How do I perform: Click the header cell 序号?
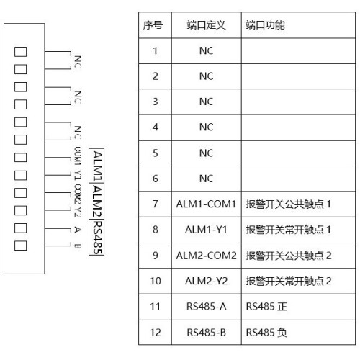pos(153,25)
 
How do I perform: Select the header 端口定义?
pos(207,25)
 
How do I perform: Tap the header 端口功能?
pos(265,25)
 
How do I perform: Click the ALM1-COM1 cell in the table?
pos(206,204)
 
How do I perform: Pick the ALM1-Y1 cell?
pos(206,230)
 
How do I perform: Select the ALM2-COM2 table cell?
pos(206,256)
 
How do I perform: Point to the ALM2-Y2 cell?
pos(206,281)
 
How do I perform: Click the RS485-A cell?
pos(206,307)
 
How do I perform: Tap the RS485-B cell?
pos(206,333)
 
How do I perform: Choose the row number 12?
pos(156,333)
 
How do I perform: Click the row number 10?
pos(156,281)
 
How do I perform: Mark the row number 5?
pos(156,153)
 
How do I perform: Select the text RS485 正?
pos(266,307)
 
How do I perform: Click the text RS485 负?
pos(266,333)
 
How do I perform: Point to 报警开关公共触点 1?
pos(288,204)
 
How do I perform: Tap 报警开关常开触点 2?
pos(289,281)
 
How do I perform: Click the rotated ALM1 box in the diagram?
pos(96,166)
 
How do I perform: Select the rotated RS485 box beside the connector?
pos(96,237)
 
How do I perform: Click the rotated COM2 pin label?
pos(78,194)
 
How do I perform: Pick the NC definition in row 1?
pos(206,51)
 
